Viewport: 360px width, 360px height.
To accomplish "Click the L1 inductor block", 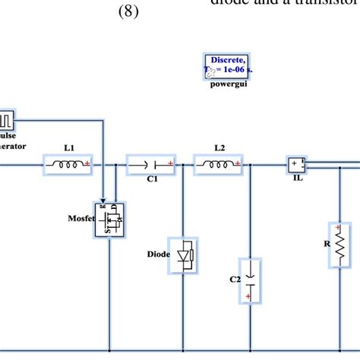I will (69, 163).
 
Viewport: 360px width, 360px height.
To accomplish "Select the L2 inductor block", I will (219, 163).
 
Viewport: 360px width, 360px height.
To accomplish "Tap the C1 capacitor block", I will (152, 163).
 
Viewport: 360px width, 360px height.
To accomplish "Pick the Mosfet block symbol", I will (109, 220).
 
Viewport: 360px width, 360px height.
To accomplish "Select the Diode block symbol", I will (185, 254).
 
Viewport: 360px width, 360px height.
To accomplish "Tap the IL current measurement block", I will (297, 163).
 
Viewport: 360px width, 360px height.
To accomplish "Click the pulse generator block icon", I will (6, 120).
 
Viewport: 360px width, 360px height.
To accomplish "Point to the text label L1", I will (68, 148).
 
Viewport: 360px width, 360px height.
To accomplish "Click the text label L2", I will (219, 148).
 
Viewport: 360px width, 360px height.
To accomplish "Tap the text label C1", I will (152, 179).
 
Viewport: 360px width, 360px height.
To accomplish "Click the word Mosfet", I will (80, 218).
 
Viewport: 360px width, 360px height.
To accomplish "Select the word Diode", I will (159, 254).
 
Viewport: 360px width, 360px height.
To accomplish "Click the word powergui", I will (228, 84).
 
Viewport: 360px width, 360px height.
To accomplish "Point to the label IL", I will (297, 179).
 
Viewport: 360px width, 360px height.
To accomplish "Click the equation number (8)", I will (128, 13).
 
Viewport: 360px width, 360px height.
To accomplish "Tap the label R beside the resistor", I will (326, 245).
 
